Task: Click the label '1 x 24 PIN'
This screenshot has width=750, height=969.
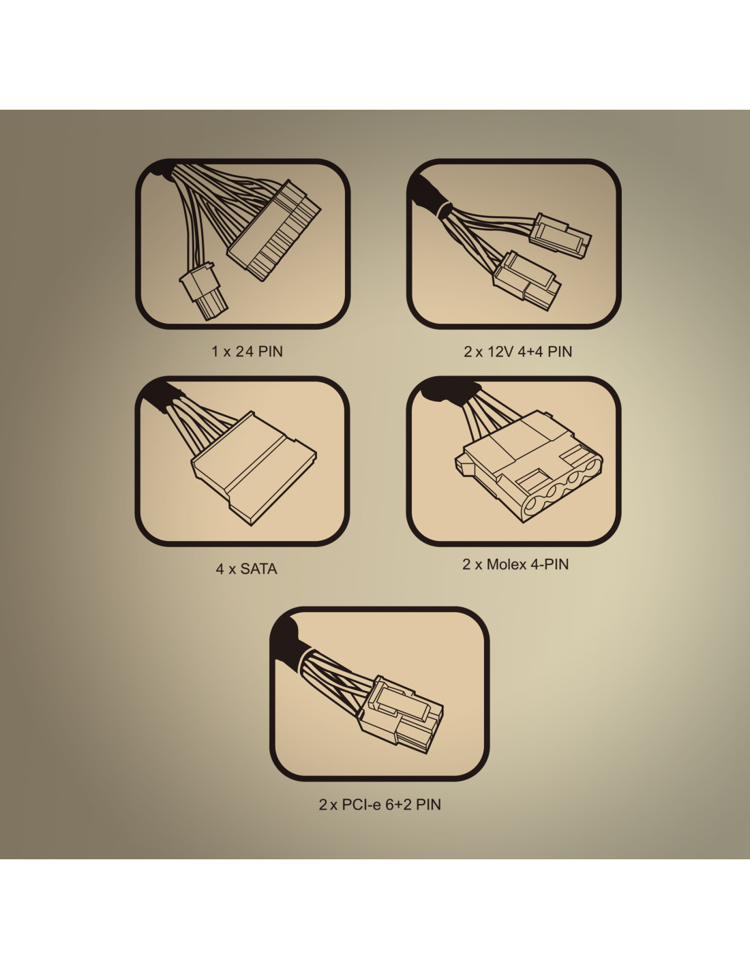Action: click(247, 352)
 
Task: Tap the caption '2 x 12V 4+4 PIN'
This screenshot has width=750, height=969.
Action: click(518, 352)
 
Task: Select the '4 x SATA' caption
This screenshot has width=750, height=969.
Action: click(246, 569)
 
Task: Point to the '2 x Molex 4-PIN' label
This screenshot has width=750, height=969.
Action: click(515, 564)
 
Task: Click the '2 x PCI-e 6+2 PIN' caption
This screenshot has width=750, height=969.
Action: click(380, 805)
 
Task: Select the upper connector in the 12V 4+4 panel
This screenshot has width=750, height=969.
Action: click(560, 236)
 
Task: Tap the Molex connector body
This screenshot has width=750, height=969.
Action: click(529, 465)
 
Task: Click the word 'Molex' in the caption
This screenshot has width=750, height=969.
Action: click(507, 564)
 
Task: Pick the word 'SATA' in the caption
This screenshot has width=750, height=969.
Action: click(259, 569)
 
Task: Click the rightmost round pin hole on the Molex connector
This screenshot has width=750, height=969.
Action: click(589, 467)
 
